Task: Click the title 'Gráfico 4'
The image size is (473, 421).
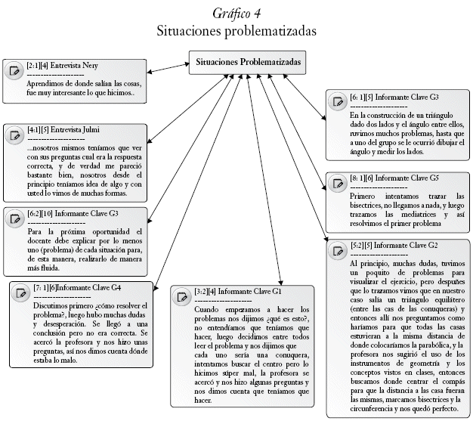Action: point(236,14)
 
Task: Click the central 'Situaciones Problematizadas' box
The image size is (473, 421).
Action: point(248,61)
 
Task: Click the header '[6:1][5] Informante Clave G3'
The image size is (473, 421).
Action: point(389,98)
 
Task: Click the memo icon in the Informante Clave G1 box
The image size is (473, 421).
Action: point(181,298)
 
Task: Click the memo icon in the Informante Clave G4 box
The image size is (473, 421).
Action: point(22,294)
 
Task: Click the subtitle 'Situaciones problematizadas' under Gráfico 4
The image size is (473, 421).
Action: point(236,32)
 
